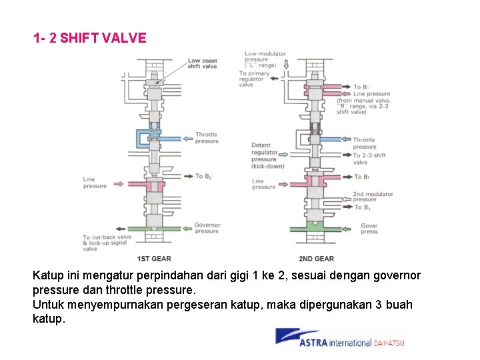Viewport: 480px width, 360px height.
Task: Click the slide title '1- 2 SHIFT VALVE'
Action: [90, 38]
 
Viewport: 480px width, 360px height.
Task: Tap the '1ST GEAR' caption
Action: [154, 259]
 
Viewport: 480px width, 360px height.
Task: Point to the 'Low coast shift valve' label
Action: [202, 63]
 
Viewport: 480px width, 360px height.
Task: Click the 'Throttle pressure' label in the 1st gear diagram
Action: [206, 138]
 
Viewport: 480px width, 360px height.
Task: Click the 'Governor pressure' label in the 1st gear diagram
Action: [207, 228]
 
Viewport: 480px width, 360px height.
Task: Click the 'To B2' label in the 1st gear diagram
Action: [203, 176]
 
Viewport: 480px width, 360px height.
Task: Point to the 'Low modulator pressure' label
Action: [265, 59]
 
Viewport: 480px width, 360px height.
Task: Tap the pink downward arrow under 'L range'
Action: [286, 65]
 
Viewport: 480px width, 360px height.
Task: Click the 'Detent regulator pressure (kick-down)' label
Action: [267, 155]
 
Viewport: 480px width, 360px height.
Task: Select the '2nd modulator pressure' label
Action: [373, 197]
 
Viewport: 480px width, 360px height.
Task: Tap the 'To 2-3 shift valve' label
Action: [369, 159]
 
